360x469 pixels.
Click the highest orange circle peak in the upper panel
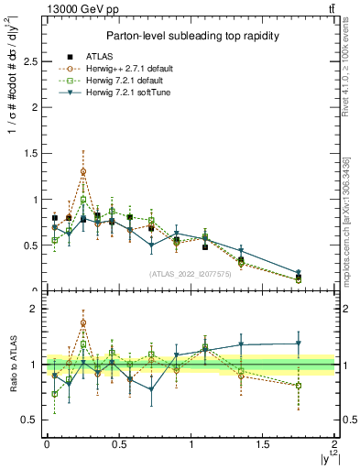tap(83, 171)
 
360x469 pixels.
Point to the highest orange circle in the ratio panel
tap(83, 322)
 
